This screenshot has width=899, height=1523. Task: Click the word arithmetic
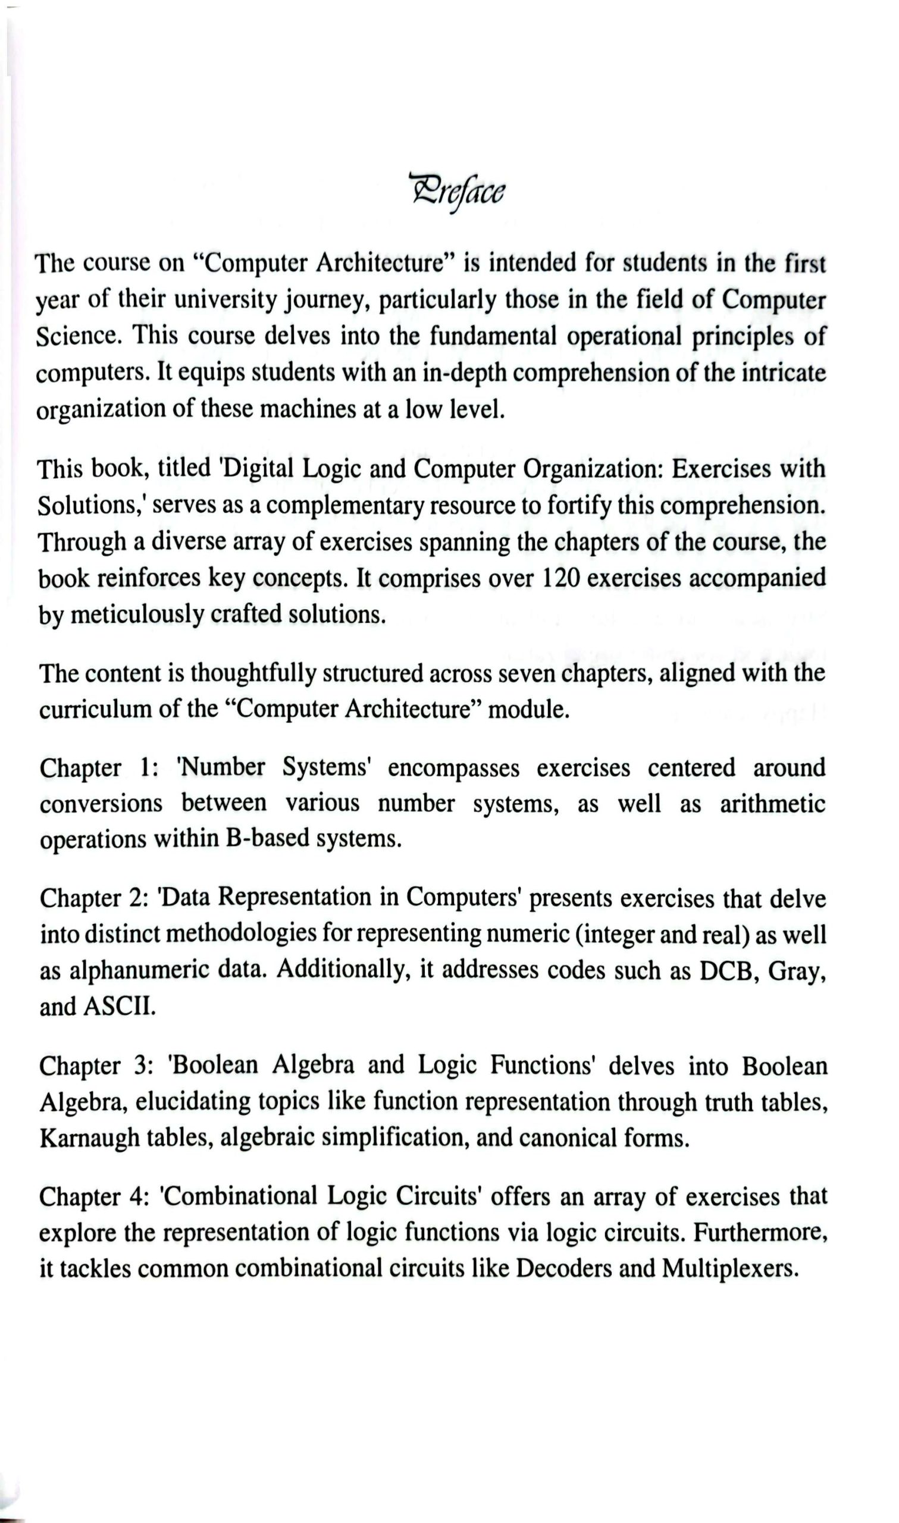772,804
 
